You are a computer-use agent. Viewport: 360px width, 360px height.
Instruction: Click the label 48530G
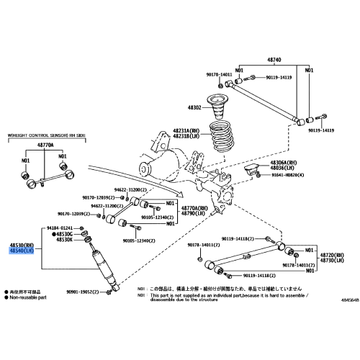(x=64, y=234)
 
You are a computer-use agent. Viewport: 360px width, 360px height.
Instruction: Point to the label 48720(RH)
(x=334, y=255)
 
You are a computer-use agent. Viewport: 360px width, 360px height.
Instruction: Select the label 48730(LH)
(x=334, y=261)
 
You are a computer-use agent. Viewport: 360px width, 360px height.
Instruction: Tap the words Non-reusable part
(x=28, y=296)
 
